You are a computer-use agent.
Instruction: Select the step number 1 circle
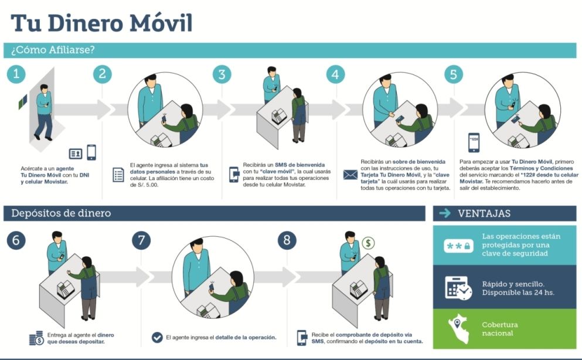[x=17, y=74]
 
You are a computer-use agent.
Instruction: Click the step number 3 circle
[x=222, y=74]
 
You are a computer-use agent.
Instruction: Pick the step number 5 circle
[x=453, y=74]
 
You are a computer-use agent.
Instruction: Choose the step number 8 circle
[x=141, y=240]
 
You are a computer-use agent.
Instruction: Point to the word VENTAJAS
[x=484, y=213]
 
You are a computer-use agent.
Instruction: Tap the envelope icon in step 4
[x=350, y=174]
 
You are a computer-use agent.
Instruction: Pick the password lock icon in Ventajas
[x=458, y=246]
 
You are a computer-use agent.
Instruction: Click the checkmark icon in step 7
[x=157, y=337]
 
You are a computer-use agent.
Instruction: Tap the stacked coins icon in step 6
[x=36, y=338]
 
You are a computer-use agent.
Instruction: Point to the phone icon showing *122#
[x=474, y=142]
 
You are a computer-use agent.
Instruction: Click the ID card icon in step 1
[x=76, y=154]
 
